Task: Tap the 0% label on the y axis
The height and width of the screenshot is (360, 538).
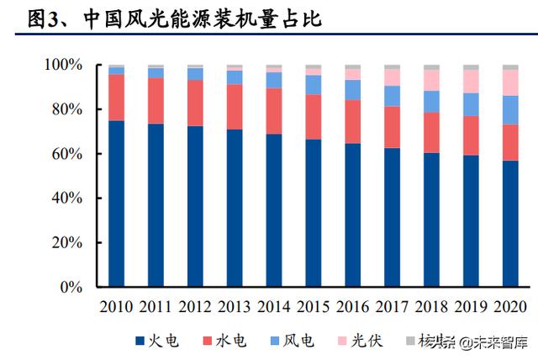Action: [x=71, y=288]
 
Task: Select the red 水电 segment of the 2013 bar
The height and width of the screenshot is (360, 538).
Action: [x=235, y=107]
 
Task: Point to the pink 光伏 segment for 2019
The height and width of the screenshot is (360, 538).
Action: [x=471, y=81]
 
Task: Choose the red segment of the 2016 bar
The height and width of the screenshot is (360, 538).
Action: [x=352, y=121]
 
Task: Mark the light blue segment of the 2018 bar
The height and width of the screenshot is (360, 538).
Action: [x=431, y=102]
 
